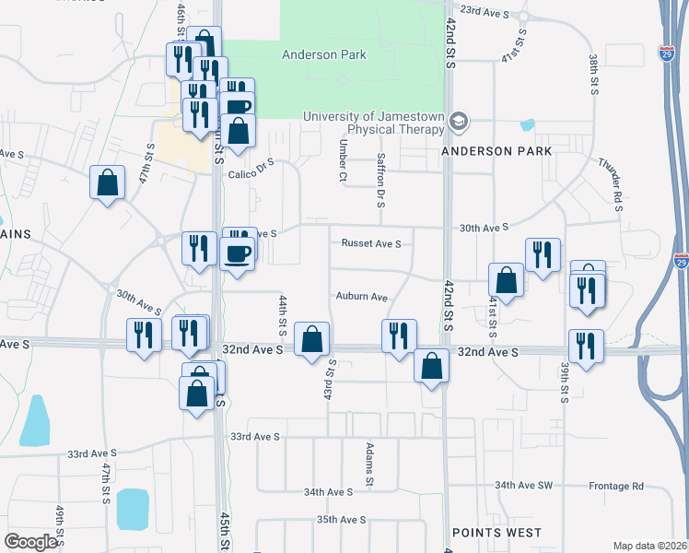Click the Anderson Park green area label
click(323, 54)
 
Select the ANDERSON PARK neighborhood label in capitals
click(496, 151)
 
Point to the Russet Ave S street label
click(371, 244)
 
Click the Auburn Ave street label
click(361, 298)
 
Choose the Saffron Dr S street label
click(380, 181)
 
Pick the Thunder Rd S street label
click(611, 181)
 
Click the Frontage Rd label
click(618, 486)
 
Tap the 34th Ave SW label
click(523, 485)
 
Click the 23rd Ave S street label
click(485, 10)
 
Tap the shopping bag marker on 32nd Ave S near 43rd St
click(312, 339)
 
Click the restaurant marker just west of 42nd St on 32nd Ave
click(398, 335)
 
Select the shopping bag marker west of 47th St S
click(107, 182)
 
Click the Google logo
click(30, 542)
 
